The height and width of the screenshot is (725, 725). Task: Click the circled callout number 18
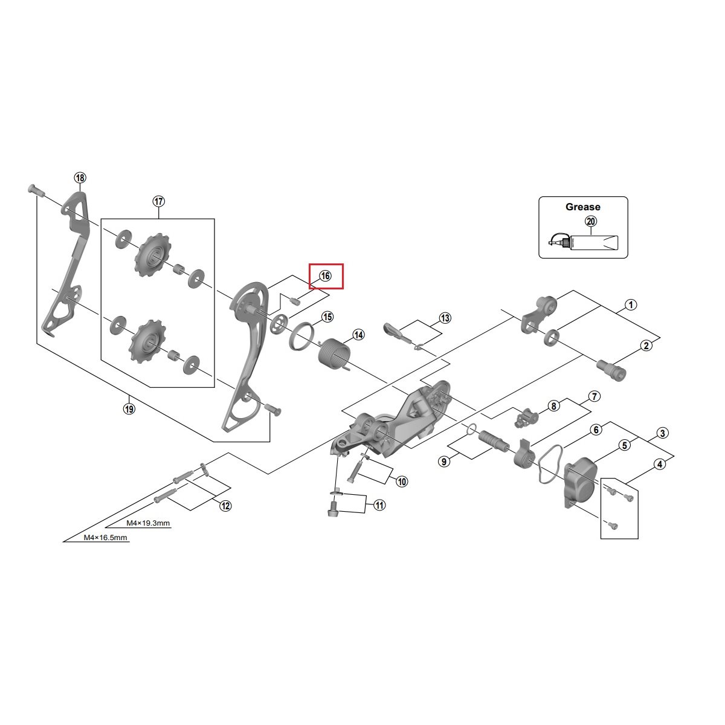pos(80,178)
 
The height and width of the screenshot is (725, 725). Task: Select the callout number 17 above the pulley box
pos(158,201)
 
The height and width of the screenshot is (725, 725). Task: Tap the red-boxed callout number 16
pos(326,276)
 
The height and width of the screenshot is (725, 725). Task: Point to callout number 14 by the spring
pos(358,335)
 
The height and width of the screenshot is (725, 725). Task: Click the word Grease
pos(582,207)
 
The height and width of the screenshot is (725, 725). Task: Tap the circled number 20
pos(591,222)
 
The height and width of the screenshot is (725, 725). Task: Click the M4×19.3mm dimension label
pos(148,523)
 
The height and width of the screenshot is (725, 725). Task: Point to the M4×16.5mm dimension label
pos(105,537)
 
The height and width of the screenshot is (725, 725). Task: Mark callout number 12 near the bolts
pos(225,506)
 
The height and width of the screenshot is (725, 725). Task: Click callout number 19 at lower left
pos(129,409)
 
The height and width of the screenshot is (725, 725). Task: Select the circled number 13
pos(445,318)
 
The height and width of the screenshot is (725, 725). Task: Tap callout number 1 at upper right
pos(630,304)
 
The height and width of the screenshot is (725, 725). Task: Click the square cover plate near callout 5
pos(580,480)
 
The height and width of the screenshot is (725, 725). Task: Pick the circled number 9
pos(444,462)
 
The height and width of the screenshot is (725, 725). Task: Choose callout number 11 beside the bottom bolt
pos(379,505)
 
